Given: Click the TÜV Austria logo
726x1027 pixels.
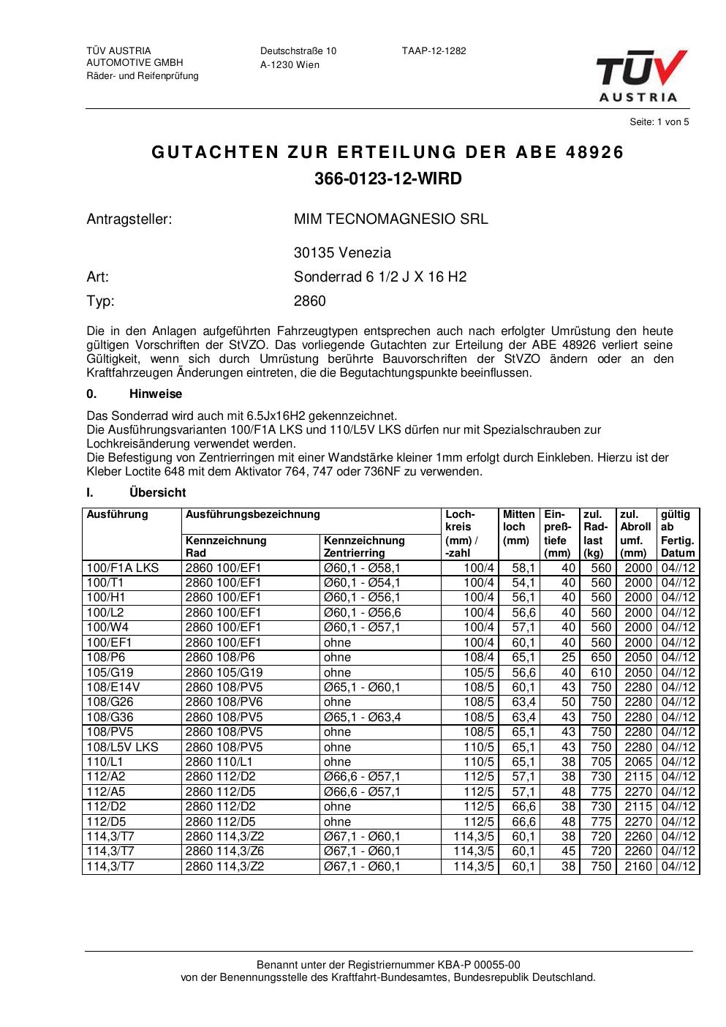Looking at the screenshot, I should click(641, 75).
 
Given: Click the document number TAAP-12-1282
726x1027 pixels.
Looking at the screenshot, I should click(434, 51).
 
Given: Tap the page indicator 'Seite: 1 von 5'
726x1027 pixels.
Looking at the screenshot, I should click(659, 122).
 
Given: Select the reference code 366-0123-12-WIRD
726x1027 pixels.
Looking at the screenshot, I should click(388, 179).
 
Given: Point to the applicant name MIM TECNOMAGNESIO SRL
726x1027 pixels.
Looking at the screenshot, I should click(390, 219).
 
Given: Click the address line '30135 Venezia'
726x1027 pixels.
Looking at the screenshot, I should click(342, 253).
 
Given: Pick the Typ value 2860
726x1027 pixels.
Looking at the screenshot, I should click(310, 301).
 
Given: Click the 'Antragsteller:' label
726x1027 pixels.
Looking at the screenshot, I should click(129, 219).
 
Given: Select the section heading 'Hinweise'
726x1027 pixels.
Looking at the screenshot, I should click(156, 394).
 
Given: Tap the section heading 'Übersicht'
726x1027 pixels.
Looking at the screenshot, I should click(157, 493).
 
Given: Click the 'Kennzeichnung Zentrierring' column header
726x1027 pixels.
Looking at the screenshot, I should click(364, 546).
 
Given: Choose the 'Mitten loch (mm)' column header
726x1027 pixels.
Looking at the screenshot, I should click(519, 527).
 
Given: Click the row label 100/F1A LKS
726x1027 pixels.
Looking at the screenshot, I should click(122, 568).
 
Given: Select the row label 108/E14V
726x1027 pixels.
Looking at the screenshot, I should click(113, 688).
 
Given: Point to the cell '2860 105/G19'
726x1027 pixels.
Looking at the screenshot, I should click(224, 672).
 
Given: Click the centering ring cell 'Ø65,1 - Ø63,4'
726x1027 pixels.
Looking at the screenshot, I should click(362, 718).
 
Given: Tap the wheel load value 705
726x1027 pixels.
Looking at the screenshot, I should click(600, 762).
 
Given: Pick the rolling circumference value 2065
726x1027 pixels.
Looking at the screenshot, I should click(638, 762).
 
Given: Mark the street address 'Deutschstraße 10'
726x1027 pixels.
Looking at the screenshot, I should click(298, 51).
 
